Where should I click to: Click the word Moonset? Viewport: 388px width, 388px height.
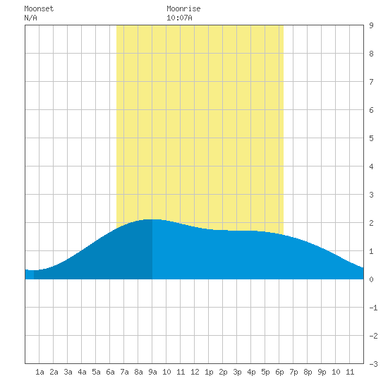[x=39, y=8]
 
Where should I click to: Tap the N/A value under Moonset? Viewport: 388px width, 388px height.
[x=30, y=18]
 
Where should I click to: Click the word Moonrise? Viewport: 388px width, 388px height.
[x=183, y=8]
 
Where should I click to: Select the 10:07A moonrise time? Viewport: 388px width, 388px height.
[x=179, y=18]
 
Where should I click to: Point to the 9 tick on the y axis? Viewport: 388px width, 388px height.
[x=371, y=25]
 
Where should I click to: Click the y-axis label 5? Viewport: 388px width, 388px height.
[x=371, y=138]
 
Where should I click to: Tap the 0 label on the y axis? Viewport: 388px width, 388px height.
[x=371, y=279]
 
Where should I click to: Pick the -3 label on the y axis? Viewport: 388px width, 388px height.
[x=373, y=364]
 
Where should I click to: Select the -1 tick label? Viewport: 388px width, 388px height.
[x=373, y=308]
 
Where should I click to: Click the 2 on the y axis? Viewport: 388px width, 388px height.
[x=371, y=223]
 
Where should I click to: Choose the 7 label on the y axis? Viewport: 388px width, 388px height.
[x=371, y=82]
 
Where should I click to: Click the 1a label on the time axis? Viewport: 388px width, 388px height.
[x=40, y=372]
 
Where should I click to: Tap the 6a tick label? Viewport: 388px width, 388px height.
[x=110, y=372]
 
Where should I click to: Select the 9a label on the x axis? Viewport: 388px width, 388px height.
[x=152, y=372]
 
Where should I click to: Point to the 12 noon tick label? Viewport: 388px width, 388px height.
[x=195, y=372]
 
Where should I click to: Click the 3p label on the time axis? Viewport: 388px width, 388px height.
[x=237, y=372]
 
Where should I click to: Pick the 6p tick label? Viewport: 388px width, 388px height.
[x=279, y=372]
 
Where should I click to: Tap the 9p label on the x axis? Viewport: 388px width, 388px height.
[x=322, y=372]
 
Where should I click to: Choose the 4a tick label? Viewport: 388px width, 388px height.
[x=82, y=372]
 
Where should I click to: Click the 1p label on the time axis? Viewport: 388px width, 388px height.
[x=209, y=372]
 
